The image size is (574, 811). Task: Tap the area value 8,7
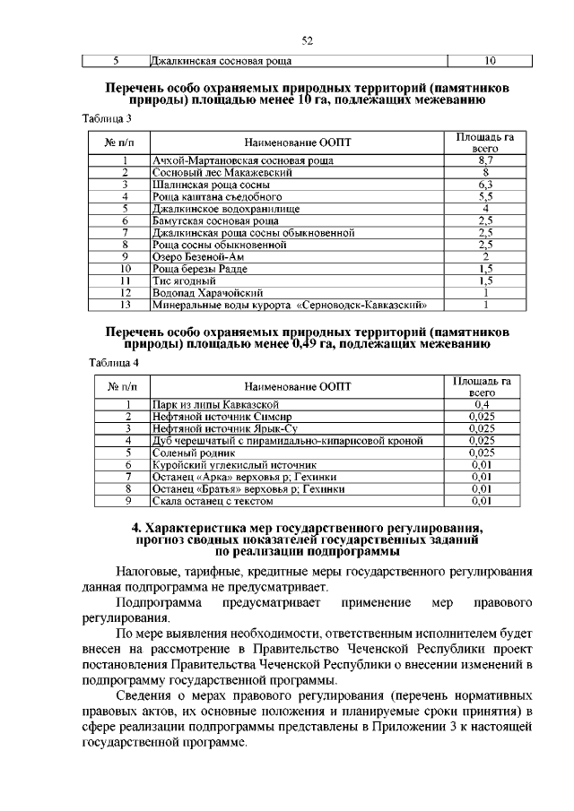coord(484,160)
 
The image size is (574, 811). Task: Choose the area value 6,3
coord(484,184)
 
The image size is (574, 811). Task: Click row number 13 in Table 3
coord(126,305)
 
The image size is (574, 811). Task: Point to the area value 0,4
coord(483,405)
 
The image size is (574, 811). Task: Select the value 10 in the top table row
coord(490,62)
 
